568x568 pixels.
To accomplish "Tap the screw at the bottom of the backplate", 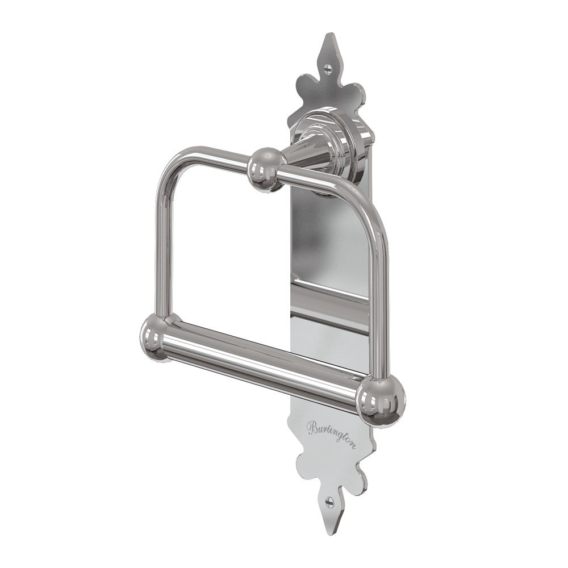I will click(329, 502).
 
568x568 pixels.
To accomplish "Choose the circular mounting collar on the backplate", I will click(318, 136).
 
